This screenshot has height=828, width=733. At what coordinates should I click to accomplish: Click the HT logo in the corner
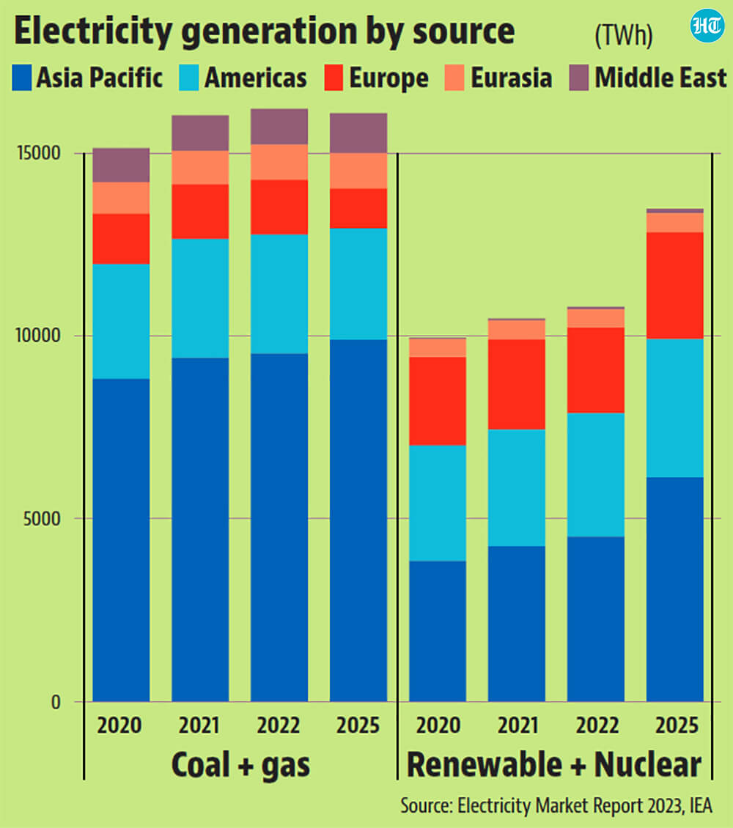pos(707,26)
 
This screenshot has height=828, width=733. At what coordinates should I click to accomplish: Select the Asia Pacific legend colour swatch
pos(22,78)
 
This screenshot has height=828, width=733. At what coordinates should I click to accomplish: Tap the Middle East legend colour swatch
pos(579,78)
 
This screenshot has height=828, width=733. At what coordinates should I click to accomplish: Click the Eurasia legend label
pos(511,78)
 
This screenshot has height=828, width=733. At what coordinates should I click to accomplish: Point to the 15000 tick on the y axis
pos(39,153)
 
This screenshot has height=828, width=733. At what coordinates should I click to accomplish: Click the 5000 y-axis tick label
pos(42,519)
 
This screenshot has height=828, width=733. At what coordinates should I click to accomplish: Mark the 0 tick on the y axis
pos(56,702)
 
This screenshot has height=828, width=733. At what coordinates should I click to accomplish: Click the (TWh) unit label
pos(624,36)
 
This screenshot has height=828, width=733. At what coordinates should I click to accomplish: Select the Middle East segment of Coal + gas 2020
pos(121,166)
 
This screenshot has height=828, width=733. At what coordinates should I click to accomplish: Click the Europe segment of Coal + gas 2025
pos(358,208)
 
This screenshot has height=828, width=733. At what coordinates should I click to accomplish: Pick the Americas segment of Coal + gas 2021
pos(200,298)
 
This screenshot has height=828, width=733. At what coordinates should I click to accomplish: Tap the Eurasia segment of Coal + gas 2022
pos(279,162)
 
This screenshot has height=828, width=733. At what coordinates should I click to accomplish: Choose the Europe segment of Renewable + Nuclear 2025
pos(675,285)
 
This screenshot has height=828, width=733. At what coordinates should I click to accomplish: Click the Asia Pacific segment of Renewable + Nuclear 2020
pos(438,631)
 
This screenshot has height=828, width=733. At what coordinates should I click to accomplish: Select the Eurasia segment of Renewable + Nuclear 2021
pos(517,330)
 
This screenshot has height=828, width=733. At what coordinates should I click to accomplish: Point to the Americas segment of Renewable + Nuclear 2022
pos(596,475)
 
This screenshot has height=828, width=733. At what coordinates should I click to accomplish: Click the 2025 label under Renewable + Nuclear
pos(677,725)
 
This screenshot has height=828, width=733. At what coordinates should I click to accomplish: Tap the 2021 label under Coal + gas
pos(199,725)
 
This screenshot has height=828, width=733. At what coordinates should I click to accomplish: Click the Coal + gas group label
pos(240,765)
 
